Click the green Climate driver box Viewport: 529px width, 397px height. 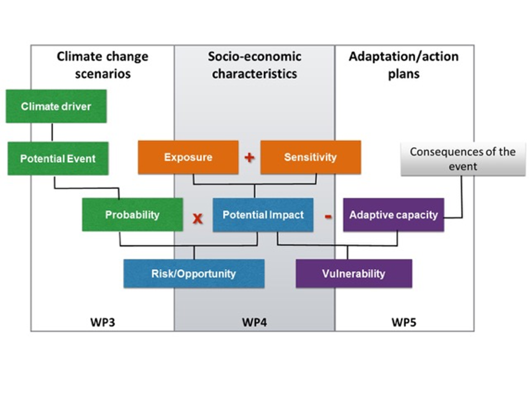pyautogui.click(x=56, y=106)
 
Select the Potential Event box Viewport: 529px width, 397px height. pyautogui.click(x=58, y=158)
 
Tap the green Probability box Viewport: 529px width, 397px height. pyautogui.click(x=132, y=214)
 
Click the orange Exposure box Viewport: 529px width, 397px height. pyautogui.click(x=188, y=157)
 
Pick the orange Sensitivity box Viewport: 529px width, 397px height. pyautogui.click(x=310, y=157)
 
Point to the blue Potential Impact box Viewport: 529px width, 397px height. pyautogui.click(x=263, y=214)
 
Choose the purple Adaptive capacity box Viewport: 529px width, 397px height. pyautogui.click(x=393, y=214)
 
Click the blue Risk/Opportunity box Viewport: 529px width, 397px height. pyautogui.click(x=193, y=273)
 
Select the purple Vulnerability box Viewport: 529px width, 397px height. pyautogui.click(x=354, y=273)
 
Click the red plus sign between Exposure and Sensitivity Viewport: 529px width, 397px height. pyautogui.click(x=249, y=157)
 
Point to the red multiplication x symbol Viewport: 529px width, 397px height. pyautogui.click(x=197, y=218)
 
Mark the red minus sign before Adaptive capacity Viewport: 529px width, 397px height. pyautogui.click(x=328, y=216)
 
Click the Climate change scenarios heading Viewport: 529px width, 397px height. pyautogui.click(x=102, y=65)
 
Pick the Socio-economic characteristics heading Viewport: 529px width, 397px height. pyautogui.click(x=254, y=65)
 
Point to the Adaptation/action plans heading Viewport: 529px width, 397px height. pyautogui.click(x=403, y=65)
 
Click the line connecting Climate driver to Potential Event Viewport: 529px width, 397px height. pyautogui.click(x=52, y=132)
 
